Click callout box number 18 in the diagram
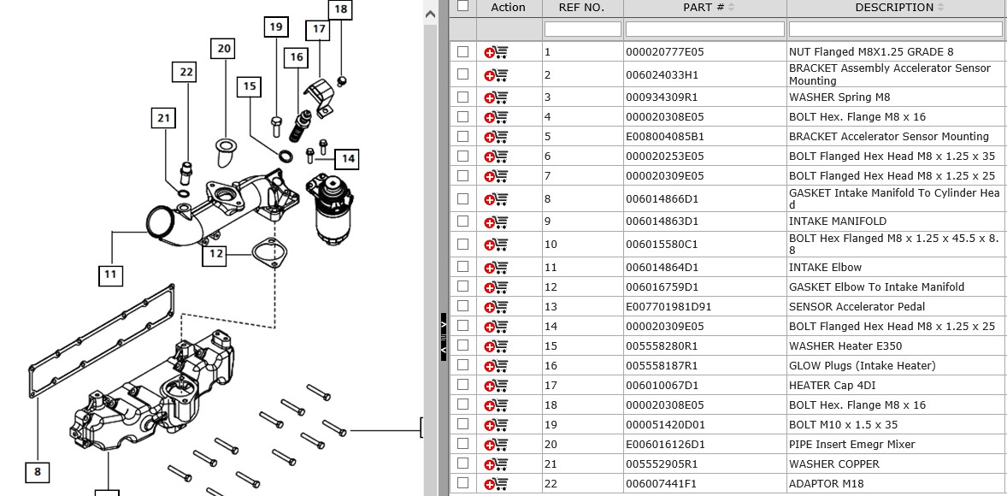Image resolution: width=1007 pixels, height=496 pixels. [340, 9]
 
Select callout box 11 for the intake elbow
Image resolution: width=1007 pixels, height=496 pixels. [110, 275]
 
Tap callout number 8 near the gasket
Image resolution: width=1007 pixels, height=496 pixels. [38, 471]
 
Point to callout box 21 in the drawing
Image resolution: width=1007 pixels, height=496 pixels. [164, 118]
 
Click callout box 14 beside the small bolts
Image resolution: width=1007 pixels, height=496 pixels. [346, 158]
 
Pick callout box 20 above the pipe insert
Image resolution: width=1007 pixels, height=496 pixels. [224, 49]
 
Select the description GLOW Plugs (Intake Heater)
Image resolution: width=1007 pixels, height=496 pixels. [862, 366]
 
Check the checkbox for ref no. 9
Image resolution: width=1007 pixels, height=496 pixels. [463, 221]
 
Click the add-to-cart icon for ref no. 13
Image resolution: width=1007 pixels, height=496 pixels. [496, 307]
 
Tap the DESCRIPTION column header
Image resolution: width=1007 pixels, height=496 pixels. [894, 8]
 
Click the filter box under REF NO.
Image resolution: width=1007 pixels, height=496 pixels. [582, 29]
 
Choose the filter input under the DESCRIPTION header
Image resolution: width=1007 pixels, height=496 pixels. [895, 29]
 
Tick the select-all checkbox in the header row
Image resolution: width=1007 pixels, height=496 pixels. [463, 6]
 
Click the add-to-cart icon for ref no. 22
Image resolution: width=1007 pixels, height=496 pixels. [496, 484]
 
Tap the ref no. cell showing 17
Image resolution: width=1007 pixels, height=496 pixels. [551, 386]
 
